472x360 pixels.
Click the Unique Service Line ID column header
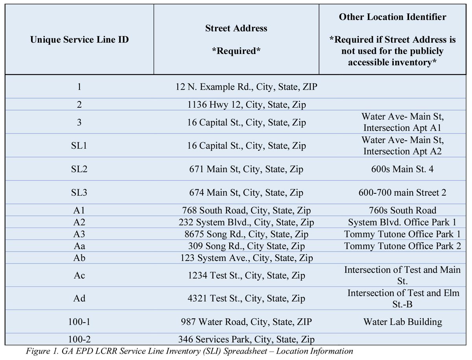[79, 40]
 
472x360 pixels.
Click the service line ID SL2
[79, 169]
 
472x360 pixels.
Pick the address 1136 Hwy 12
[247, 105]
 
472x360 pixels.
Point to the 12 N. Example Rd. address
[247, 87]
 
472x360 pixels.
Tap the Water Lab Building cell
[402, 322]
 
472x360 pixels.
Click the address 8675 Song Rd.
[247, 234]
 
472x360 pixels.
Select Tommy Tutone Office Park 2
[402, 246]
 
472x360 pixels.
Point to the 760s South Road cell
[402, 210]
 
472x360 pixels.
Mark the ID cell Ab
[79, 258]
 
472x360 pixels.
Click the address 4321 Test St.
[247, 299]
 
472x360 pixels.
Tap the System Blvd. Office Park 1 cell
[402, 222]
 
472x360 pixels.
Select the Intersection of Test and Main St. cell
[402, 275]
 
